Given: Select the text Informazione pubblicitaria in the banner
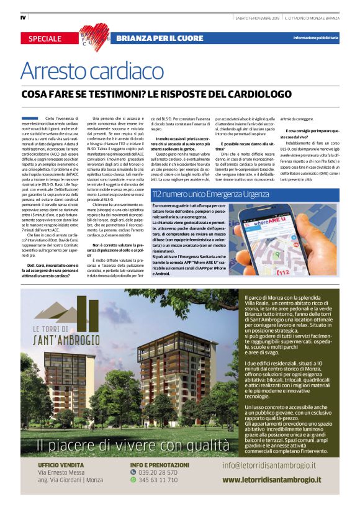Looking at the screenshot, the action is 316,38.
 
